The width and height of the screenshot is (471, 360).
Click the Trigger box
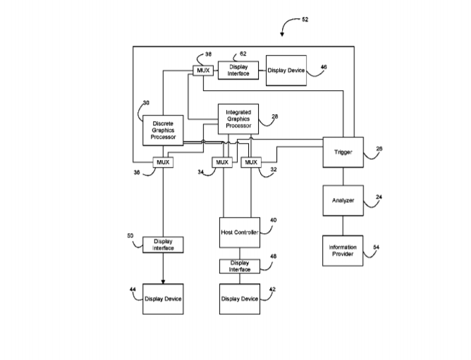(x=343, y=151)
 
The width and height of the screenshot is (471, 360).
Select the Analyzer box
(x=343, y=200)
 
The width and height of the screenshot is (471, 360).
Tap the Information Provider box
(x=343, y=250)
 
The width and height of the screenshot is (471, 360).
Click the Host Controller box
(x=239, y=232)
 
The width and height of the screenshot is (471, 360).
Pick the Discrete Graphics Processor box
(x=163, y=129)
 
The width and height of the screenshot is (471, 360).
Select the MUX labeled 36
(x=163, y=162)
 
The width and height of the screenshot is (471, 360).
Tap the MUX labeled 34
(x=223, y=162)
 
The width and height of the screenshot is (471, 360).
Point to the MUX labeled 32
(x=250, y=162)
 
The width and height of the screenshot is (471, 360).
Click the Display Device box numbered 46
(x=286, y=70)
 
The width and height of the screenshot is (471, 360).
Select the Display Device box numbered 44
(x=163, y=299)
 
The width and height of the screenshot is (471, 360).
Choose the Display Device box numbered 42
(x=239, y=299)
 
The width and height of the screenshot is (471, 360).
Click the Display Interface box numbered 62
(x=238, y=70)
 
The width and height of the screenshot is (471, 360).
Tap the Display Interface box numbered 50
(x=163, y=244)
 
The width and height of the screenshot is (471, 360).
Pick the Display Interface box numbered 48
(x=239, y=266)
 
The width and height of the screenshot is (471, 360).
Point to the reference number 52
(x=305, y=20)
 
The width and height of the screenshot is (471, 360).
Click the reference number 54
(x=376, y=247)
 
